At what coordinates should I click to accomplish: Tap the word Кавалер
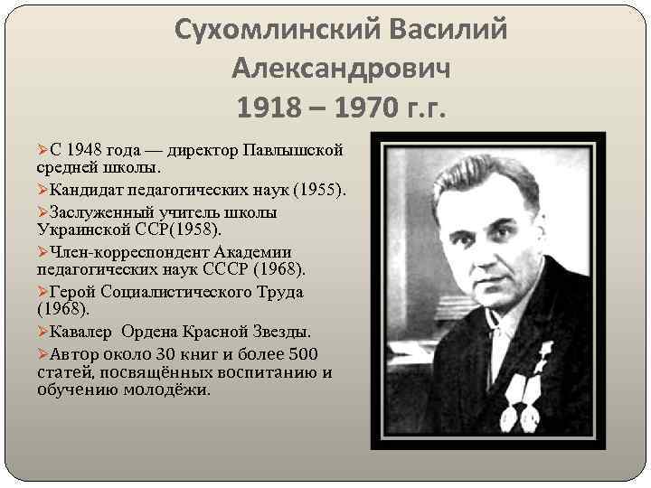click(x=83, y=331)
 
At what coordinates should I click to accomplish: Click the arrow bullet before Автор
click(x=42, y=353)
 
